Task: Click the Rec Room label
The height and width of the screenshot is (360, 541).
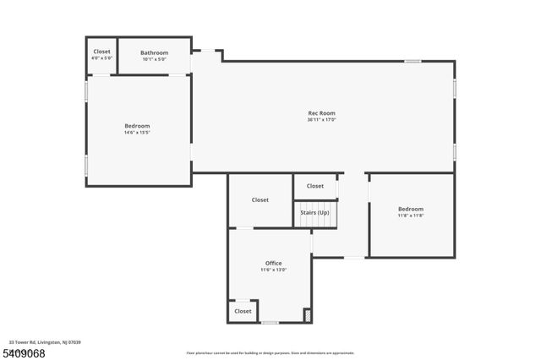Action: click(x=321, y=113)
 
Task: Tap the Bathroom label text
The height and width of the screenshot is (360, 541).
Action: click(x=154, y=52)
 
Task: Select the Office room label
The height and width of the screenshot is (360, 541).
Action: click(x=274, y=263)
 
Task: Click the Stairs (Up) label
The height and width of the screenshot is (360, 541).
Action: click(x=314, y=212)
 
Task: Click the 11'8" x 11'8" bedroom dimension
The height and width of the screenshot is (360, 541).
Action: click(x=411, y=215)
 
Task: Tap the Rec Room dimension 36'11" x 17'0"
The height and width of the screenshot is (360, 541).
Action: click(x=321, y=120)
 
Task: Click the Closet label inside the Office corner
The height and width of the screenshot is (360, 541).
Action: click(x=243, y=311)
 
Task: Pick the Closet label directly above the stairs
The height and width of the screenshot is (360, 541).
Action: click(x=314, y=186)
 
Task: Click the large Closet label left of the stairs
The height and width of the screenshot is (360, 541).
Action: click(x=260, y=199)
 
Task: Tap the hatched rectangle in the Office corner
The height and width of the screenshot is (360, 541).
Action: click(x=307, y=314)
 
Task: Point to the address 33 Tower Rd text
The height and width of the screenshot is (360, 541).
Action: click(x=45, y=342)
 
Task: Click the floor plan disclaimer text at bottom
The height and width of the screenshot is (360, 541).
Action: click(x=270, y=353)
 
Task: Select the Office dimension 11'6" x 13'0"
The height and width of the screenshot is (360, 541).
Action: click(x=274, y=270)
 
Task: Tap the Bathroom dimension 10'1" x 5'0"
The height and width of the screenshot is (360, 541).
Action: click(x=154, y=59)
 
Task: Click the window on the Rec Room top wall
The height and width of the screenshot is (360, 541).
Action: click(x=413, y=61)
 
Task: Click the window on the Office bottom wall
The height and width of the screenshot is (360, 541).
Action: click(x=270, y=323)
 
